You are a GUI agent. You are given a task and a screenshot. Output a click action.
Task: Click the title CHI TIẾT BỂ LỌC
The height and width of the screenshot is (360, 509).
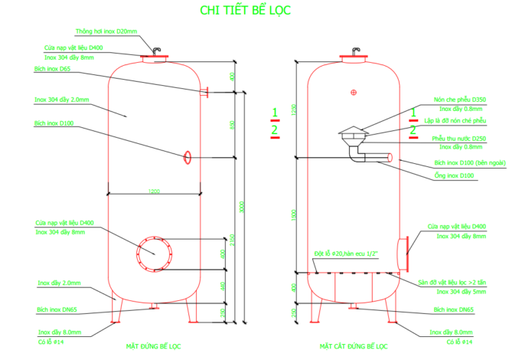click(245, 10)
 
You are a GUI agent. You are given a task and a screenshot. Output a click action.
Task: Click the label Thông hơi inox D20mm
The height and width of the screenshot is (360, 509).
click(106, 32)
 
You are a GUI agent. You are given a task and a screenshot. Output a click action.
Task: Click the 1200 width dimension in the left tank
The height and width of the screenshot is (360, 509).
click(155, 190)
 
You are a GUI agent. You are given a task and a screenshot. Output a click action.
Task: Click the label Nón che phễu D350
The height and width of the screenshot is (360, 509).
click(459, 100)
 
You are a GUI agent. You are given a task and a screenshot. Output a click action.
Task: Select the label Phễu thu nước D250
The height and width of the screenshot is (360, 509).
click(459, 139)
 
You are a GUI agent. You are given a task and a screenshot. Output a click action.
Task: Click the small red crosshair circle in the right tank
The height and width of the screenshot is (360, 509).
click(353, 93)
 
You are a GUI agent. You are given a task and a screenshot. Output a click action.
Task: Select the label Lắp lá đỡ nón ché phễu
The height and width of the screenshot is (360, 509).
click(458, 120)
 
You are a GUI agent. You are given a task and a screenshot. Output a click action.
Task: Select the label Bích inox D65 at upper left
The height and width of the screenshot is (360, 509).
click(52, 70)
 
